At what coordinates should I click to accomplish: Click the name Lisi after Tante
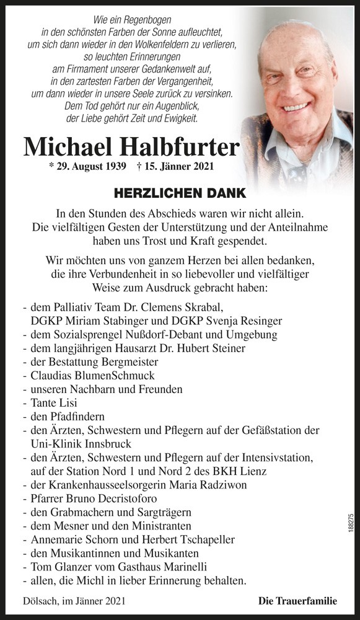pyautogui.click(x=72, y=403)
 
